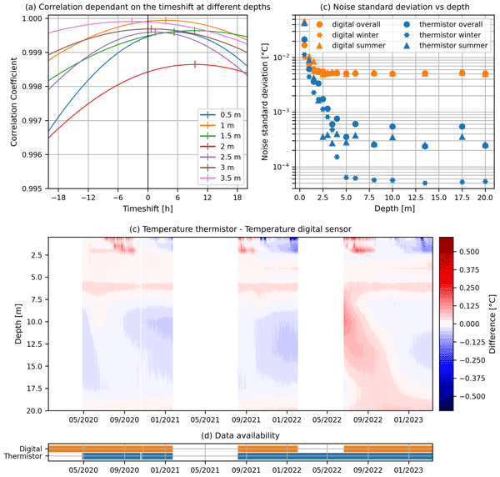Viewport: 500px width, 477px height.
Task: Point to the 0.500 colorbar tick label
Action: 472,250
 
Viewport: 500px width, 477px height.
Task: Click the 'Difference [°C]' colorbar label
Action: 492,324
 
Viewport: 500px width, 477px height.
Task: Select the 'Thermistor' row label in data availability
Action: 24,457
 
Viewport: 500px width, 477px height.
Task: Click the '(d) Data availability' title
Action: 240,435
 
